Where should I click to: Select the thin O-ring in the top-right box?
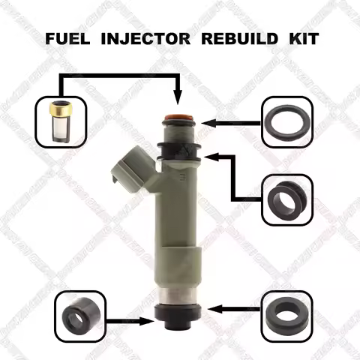click(x=285, y=121)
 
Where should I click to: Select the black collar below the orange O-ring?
click(x=178, y=150)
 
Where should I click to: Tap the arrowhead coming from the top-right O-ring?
click(x=211, y=120)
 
